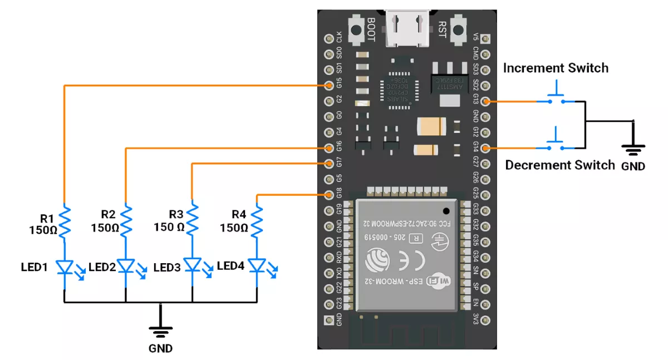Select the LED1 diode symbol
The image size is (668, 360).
65,268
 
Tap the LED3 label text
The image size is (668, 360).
167,268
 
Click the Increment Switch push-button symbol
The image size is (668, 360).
555,96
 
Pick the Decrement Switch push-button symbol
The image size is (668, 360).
555,142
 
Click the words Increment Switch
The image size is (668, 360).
556,68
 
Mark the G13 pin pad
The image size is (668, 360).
486,101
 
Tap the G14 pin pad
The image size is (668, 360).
486,148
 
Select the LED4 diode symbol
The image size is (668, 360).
257,267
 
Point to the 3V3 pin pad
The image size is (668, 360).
486,320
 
